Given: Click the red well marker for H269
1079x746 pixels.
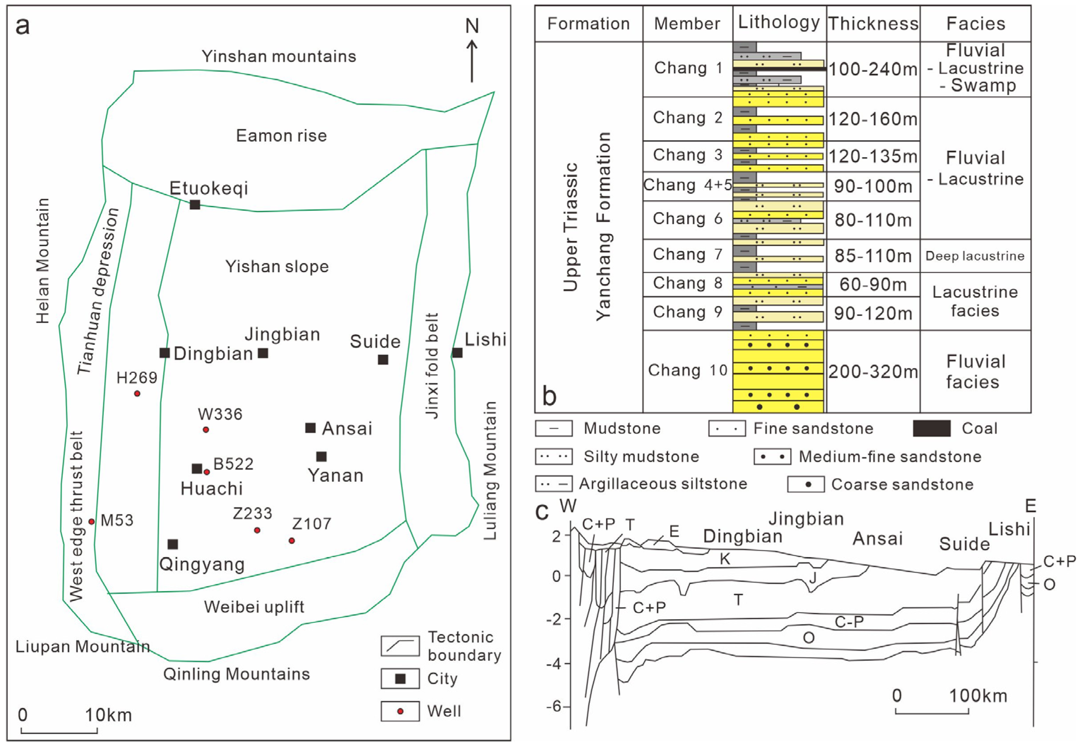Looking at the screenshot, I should (x=137, y=394).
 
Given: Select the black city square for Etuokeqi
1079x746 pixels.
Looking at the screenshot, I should (x=195, y=204).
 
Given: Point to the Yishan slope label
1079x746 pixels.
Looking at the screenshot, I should (x=277, y=267).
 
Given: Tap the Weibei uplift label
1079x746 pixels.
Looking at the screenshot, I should (x=254, y=607).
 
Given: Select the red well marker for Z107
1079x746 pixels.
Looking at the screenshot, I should (x=292, y=541).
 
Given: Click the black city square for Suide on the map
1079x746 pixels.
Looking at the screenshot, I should (x=383, y=359).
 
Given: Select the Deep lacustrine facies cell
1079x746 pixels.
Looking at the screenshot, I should (x=975, y=256).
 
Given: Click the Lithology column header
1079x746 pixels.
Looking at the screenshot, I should (x=779, y=23).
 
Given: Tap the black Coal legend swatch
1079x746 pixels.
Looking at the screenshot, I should (x=931, y=428).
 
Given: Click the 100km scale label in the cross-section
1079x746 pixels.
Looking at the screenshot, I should (x=978, y=696).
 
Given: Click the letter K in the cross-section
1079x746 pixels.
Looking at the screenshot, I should (x=725, y=559).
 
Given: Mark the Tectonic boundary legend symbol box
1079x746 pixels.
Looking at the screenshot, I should (x=400, y=645).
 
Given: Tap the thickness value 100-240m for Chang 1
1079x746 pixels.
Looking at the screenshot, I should (x=873, y=70).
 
